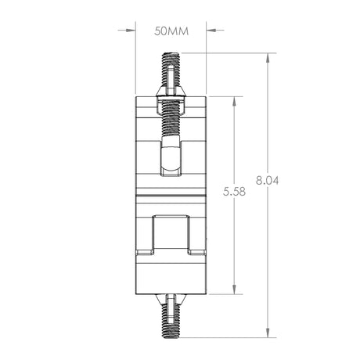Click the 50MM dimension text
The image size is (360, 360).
pos(171,31)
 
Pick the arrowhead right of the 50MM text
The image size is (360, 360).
pos(211,31)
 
